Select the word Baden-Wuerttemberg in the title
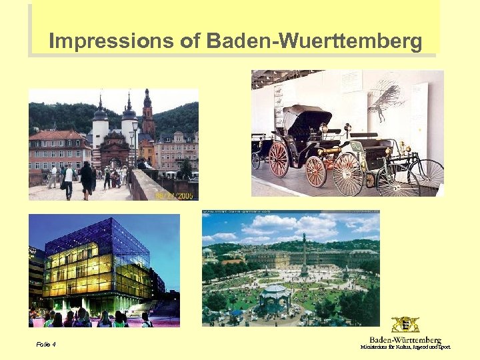click(314, 42)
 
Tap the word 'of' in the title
click(190, 42)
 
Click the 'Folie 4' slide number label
click(46, 345)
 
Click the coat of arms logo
click(405, 325)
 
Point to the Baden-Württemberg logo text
click(405, 340)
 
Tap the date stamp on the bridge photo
click(175, 195)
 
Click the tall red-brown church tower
click(148, 117)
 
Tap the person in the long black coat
click(87, 179)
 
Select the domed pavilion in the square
click(276, 299)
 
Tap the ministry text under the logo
click(405, 347)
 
